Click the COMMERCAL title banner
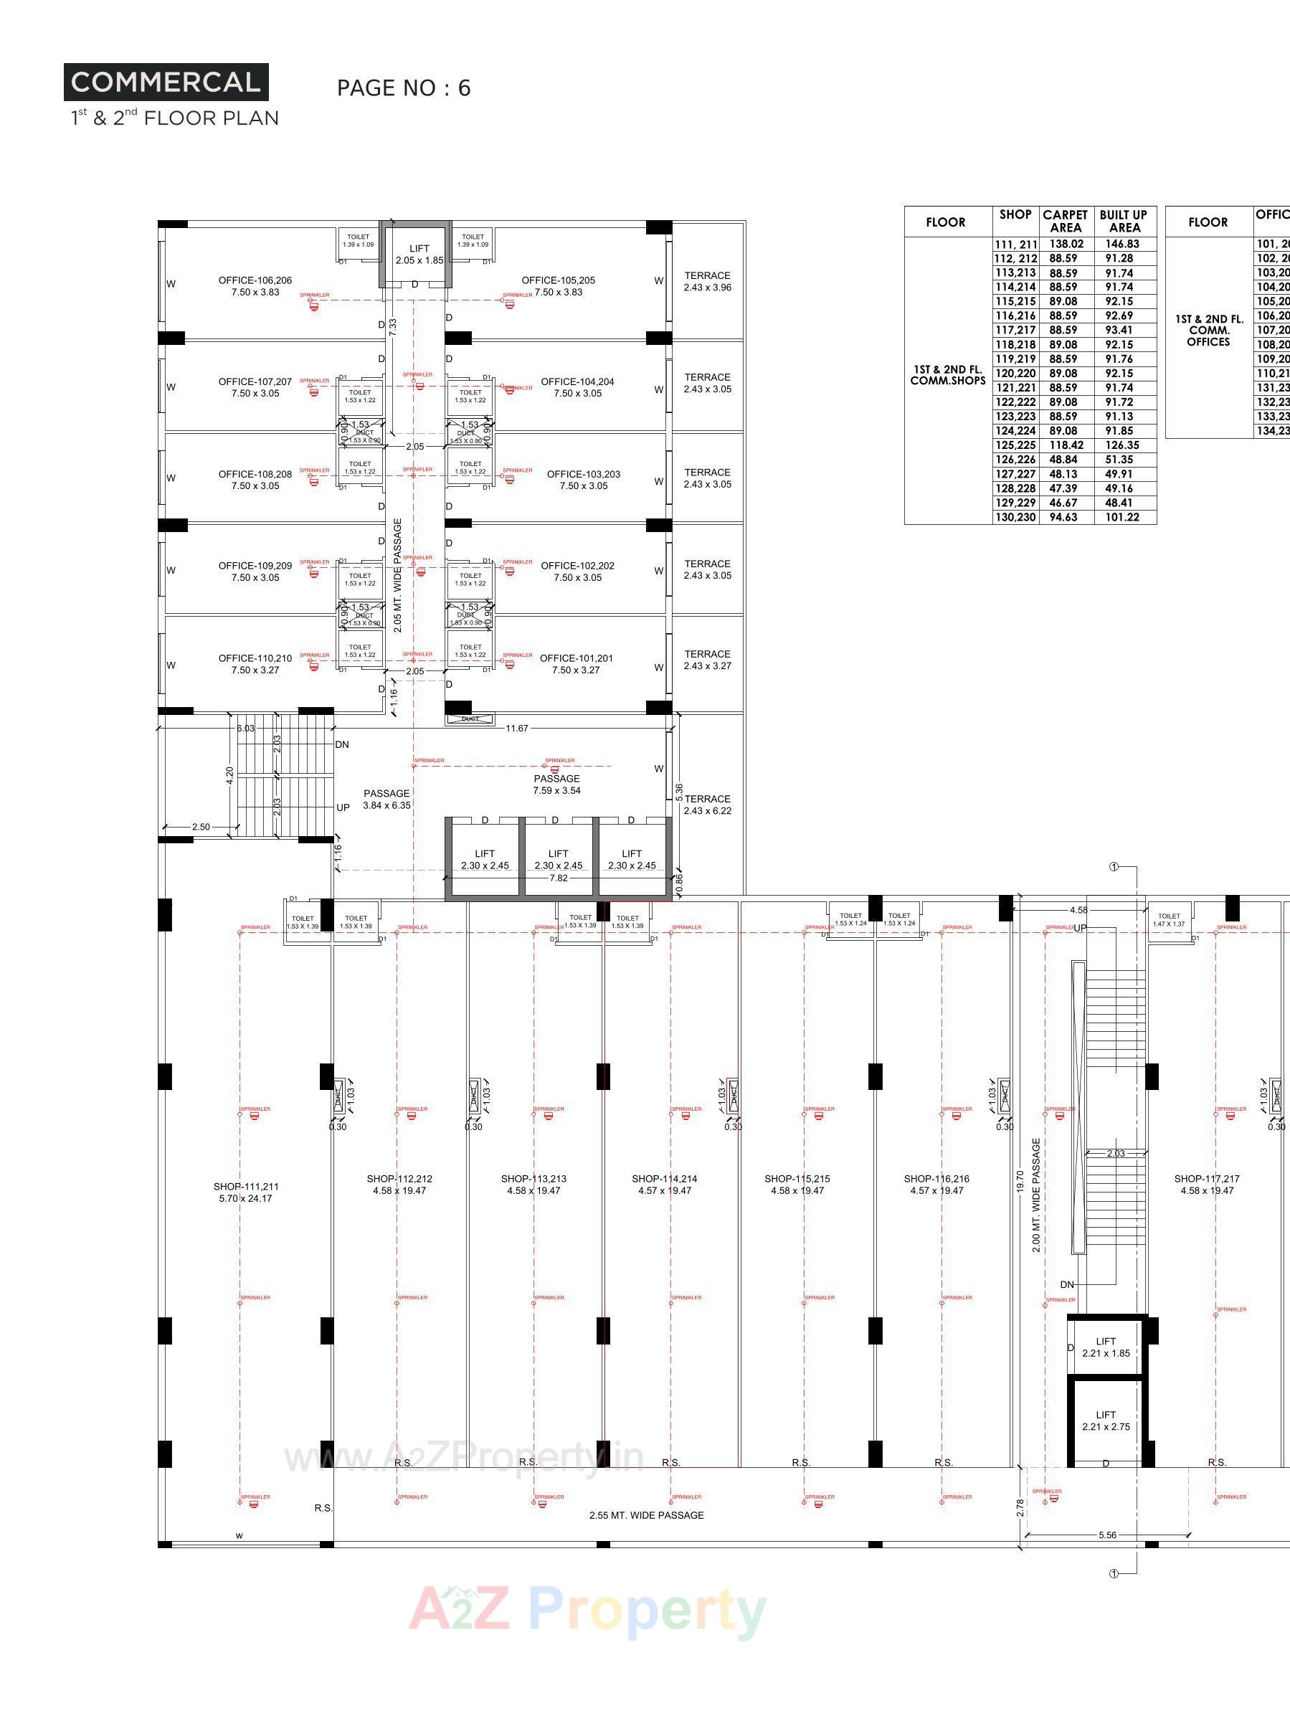166,82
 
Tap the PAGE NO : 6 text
403,88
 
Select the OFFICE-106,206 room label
255,286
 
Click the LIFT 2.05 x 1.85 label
419,255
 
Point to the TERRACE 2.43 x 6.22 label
707,805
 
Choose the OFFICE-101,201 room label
576,663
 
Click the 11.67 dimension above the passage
516,729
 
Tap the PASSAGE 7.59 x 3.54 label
556,784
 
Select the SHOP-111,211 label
246,1192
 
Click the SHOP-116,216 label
936,1184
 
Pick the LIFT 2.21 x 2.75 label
1106,1421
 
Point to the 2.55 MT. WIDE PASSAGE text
646,1514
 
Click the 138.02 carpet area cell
1066,244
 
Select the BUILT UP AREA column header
1123,221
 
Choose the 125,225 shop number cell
1015,445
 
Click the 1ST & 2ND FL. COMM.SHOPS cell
948,375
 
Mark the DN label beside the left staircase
341,744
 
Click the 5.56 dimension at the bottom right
1106,1535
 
